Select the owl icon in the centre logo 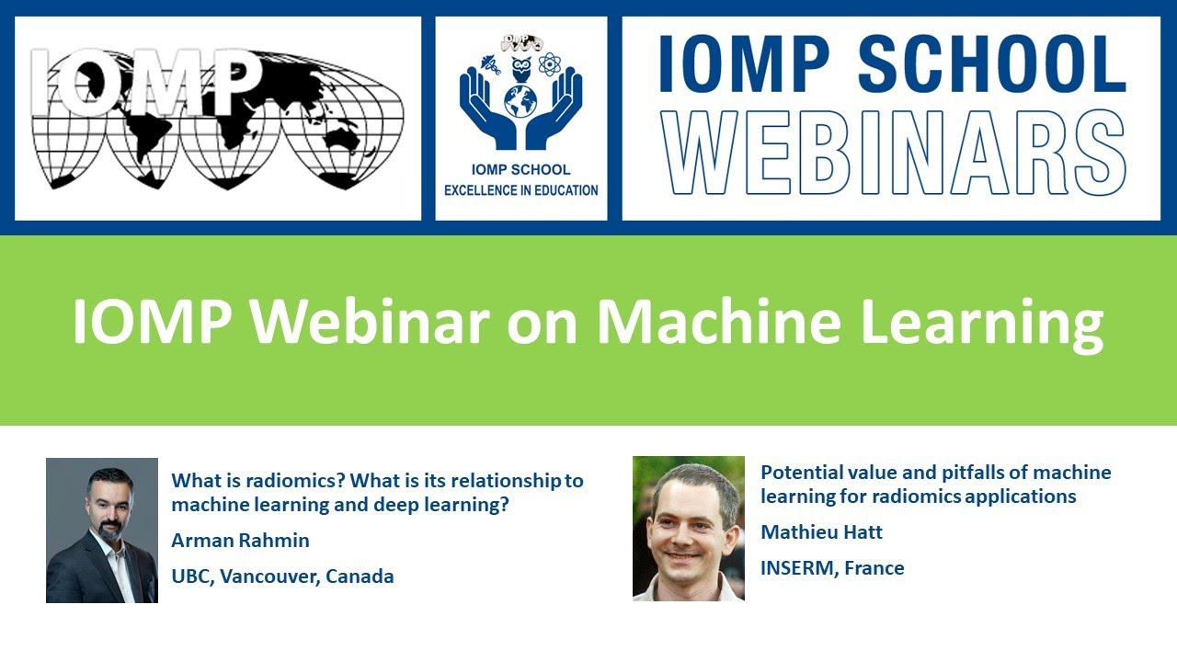521,67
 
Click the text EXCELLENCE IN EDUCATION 521,190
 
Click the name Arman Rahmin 240,541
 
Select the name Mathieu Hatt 821,531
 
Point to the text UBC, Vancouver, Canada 282,577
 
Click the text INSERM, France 832,568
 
